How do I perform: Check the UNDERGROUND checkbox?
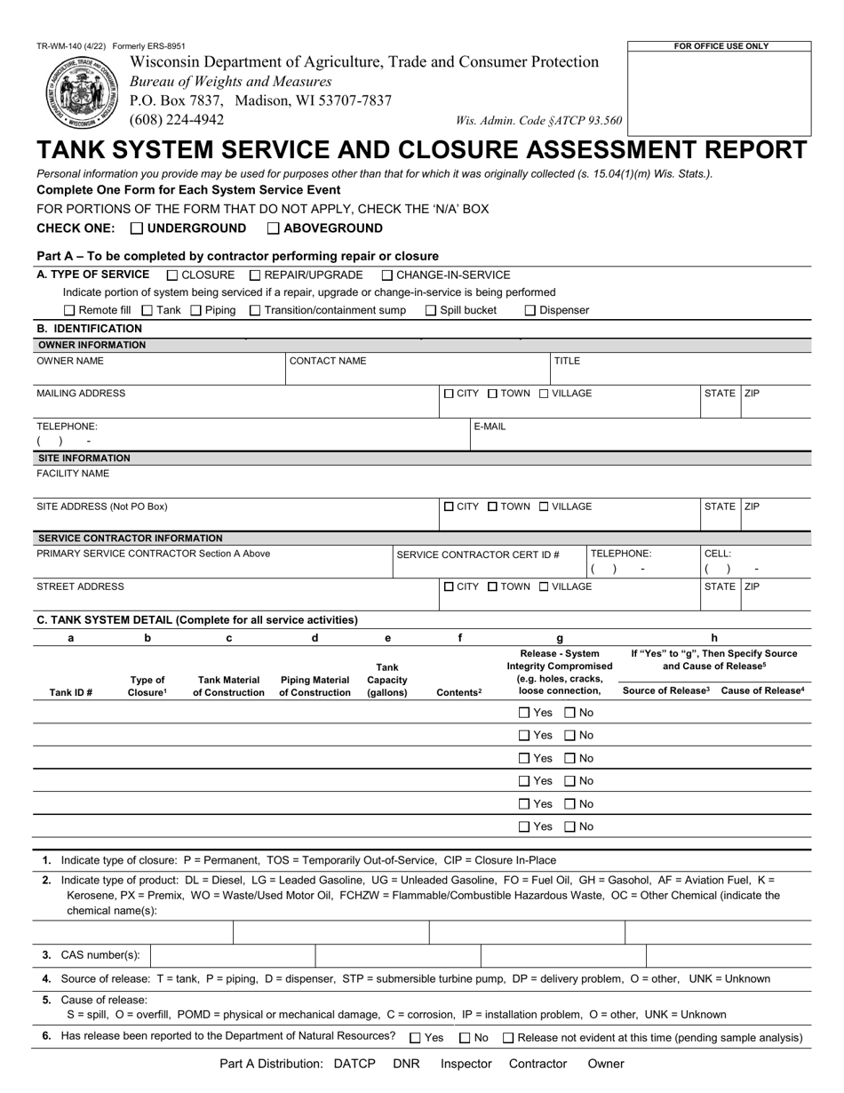point(137,228)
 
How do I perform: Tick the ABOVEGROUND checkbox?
point(274,228)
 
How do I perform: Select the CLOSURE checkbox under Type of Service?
point(172,275)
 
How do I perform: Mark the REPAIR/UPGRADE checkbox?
point(255,275)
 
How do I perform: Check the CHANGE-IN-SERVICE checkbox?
point(387,275)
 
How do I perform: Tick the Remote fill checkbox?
point(69,311)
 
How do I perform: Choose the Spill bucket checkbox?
point(431,311)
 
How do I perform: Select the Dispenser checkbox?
point(529,311)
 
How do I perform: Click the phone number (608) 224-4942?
point(177,120)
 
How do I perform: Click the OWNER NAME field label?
point(70,361)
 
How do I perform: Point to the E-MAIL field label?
point(490,427)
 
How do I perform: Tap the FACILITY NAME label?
point(73,474)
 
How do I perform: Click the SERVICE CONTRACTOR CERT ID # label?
point(478,554)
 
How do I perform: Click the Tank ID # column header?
point(71,692)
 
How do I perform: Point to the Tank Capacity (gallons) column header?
point(387,680)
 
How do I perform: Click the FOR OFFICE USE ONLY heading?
point(721,46)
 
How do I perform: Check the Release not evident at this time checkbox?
point(508,1038)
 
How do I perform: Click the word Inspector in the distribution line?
point(466,1064)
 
